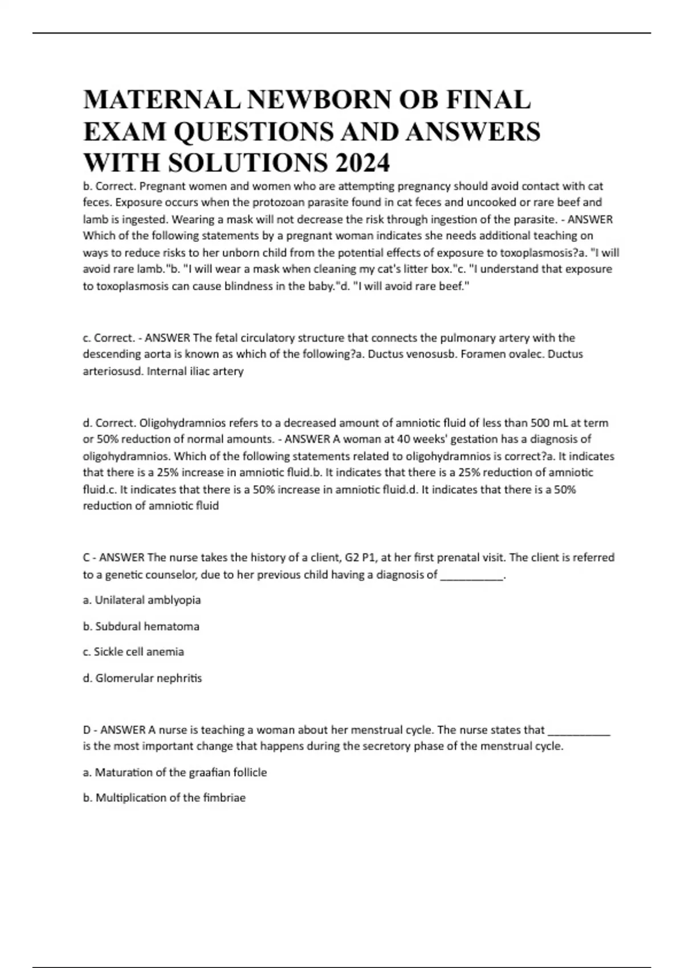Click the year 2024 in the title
pos(363,163)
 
